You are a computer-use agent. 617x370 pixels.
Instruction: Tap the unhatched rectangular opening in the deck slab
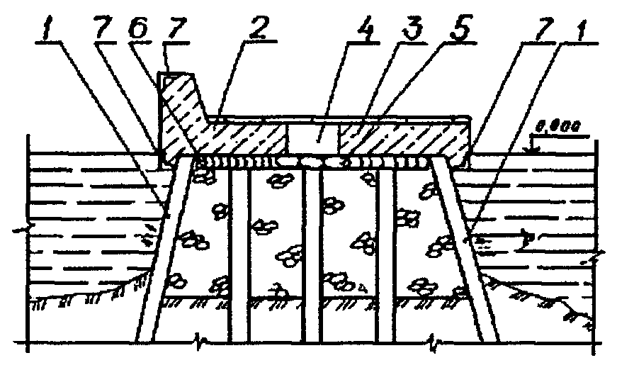[313, 139]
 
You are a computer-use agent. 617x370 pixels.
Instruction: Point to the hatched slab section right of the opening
[404, 139]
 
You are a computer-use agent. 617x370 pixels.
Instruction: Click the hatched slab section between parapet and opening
[241, 139]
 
